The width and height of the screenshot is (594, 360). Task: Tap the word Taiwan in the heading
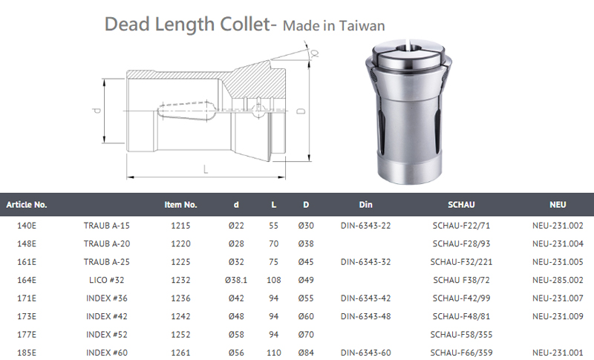pyautogui.click(x=362, y=26)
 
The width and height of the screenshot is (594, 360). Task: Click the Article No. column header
pyautogui.click(x=27, y=205)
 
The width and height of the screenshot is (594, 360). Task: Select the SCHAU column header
pyautogui.click(x=461, y=205)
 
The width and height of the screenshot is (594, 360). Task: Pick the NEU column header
pyautogui.click(x=558, y=205)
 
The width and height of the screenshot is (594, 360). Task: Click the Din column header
pyautogui.click(x=365, y=205)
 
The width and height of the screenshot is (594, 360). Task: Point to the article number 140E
pyautogui.click(x=27, y=226)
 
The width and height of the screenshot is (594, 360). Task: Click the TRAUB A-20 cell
pyautogui.click(x=107, y=243)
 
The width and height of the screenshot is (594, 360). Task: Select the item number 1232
pyautogui.click(x=180, y=280)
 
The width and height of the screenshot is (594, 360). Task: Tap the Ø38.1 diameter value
pyautogui.click(x=236, y=280)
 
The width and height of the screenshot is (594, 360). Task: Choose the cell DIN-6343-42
pyautogui.click(x=365, y=298)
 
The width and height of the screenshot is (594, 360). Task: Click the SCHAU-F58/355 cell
pyautogui.click(x=461, y=335)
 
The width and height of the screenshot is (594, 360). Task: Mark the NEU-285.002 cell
pyautogui.click(x=558, y=280)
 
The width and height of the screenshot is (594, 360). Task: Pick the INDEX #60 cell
pyautogui.click(x=107, y=353)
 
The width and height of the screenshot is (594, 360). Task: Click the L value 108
pyautogui.click(x=273, y=280)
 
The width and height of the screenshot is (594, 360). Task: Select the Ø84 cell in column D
pyautogui.click(x=306, y=353)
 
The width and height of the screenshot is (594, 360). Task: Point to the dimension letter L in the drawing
pyautogui.click(x=206, y=169)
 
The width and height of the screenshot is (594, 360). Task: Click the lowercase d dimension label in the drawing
pyautogui.click(x=97, y=111)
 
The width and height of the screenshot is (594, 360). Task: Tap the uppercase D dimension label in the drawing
pyautogui.click(x=301, y=111)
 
